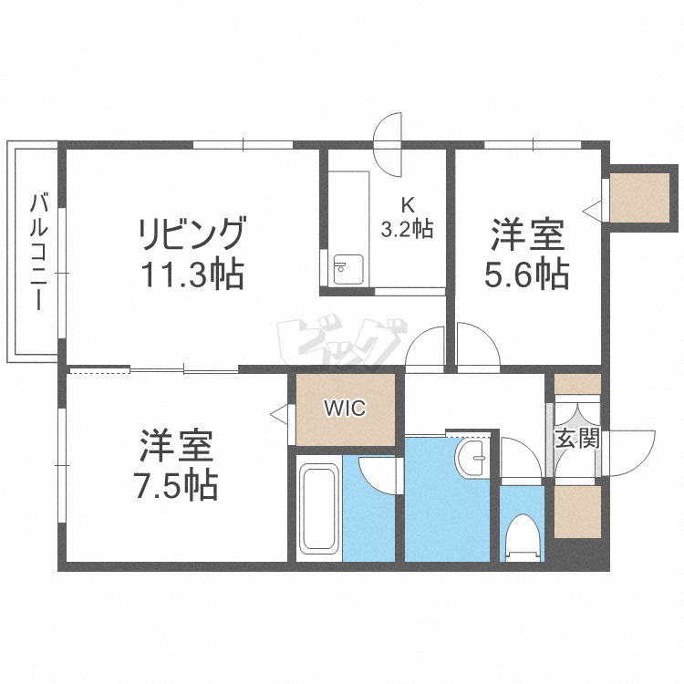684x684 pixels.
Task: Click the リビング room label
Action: (x=192, y=235)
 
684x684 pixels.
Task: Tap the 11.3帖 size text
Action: (x=192, y=274)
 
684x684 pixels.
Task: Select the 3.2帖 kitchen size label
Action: (x=407, y=229)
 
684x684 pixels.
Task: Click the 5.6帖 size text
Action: (x=527, y=274)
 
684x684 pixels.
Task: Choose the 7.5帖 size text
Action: (x=177, y=485)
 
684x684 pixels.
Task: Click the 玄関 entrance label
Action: (x=577, y=439)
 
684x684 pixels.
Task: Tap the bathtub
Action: (x=319, y=509)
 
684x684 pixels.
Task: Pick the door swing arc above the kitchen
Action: (x=389, y=144)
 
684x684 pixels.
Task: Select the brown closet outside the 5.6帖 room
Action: (x=636, y=197)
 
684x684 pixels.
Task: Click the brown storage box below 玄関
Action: (x=577, y=512)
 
